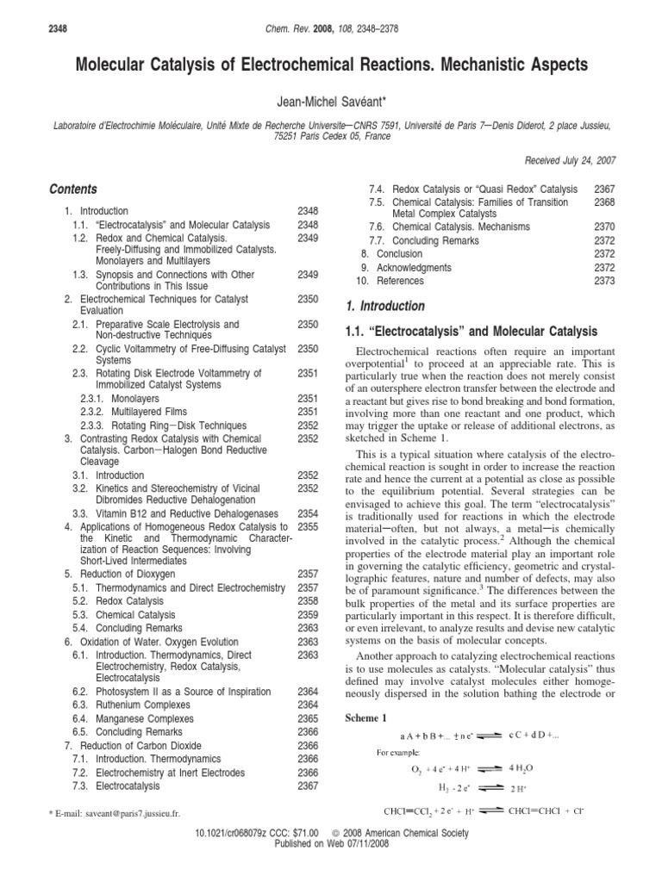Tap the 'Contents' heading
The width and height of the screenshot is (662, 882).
tap(73, 189)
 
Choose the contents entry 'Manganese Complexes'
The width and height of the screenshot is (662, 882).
tap(144, 718)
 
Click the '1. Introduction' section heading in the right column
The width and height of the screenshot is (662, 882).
tap(384, 306)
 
